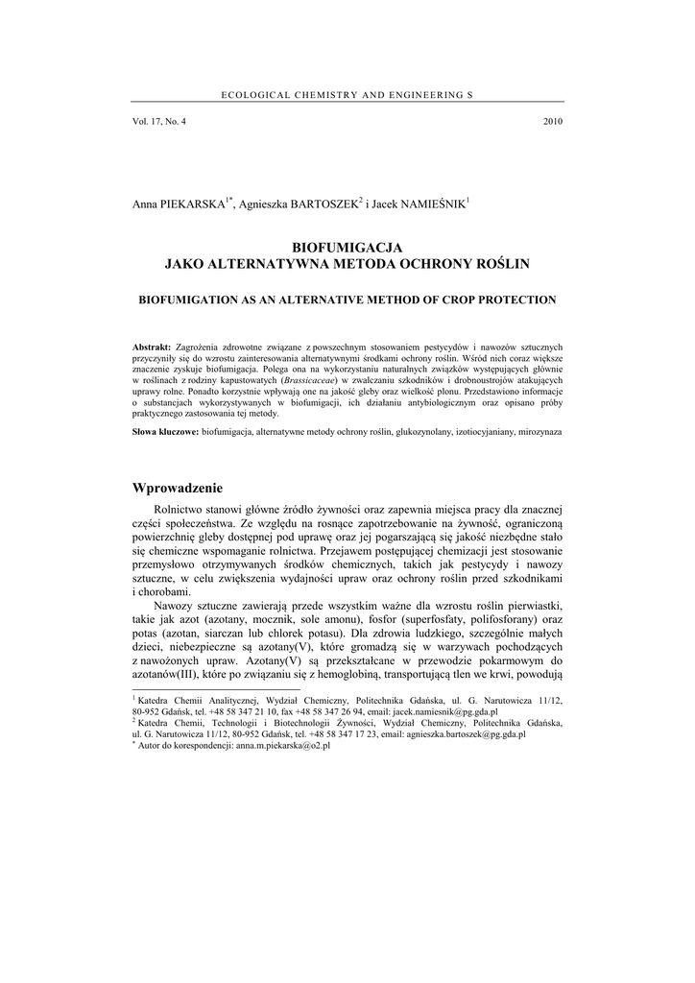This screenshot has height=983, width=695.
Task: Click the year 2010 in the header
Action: point(552,122)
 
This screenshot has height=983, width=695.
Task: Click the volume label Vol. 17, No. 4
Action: point(159,122)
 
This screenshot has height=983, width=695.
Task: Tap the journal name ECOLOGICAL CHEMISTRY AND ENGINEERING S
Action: point(347,94)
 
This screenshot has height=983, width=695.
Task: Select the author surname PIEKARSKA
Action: point(193,204)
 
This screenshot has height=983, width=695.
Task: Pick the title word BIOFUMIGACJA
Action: point(347,247)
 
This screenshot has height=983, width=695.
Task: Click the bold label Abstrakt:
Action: point(152,345)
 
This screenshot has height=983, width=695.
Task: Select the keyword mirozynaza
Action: point(539,433)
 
